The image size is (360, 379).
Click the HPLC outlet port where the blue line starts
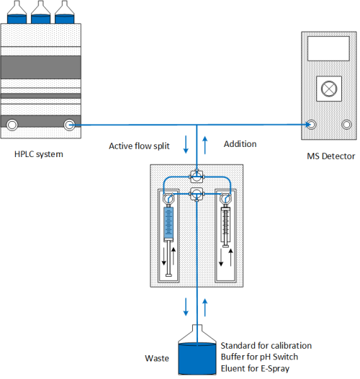coord(70,125)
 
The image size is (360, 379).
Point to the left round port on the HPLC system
coord(12,125)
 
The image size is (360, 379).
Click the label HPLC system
coord(38,154)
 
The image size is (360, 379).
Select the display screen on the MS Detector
coord(328,49)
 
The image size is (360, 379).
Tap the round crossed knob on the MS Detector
coord(328,89)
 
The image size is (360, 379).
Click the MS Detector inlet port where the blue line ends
coord(311,124)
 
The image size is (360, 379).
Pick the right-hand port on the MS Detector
coord(346,124)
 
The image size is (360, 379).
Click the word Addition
coord(240,144)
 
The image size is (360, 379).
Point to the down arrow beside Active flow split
coord(186,146)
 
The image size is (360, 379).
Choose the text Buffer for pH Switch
coord(258,357)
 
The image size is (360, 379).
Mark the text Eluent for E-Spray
coord(255,370)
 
